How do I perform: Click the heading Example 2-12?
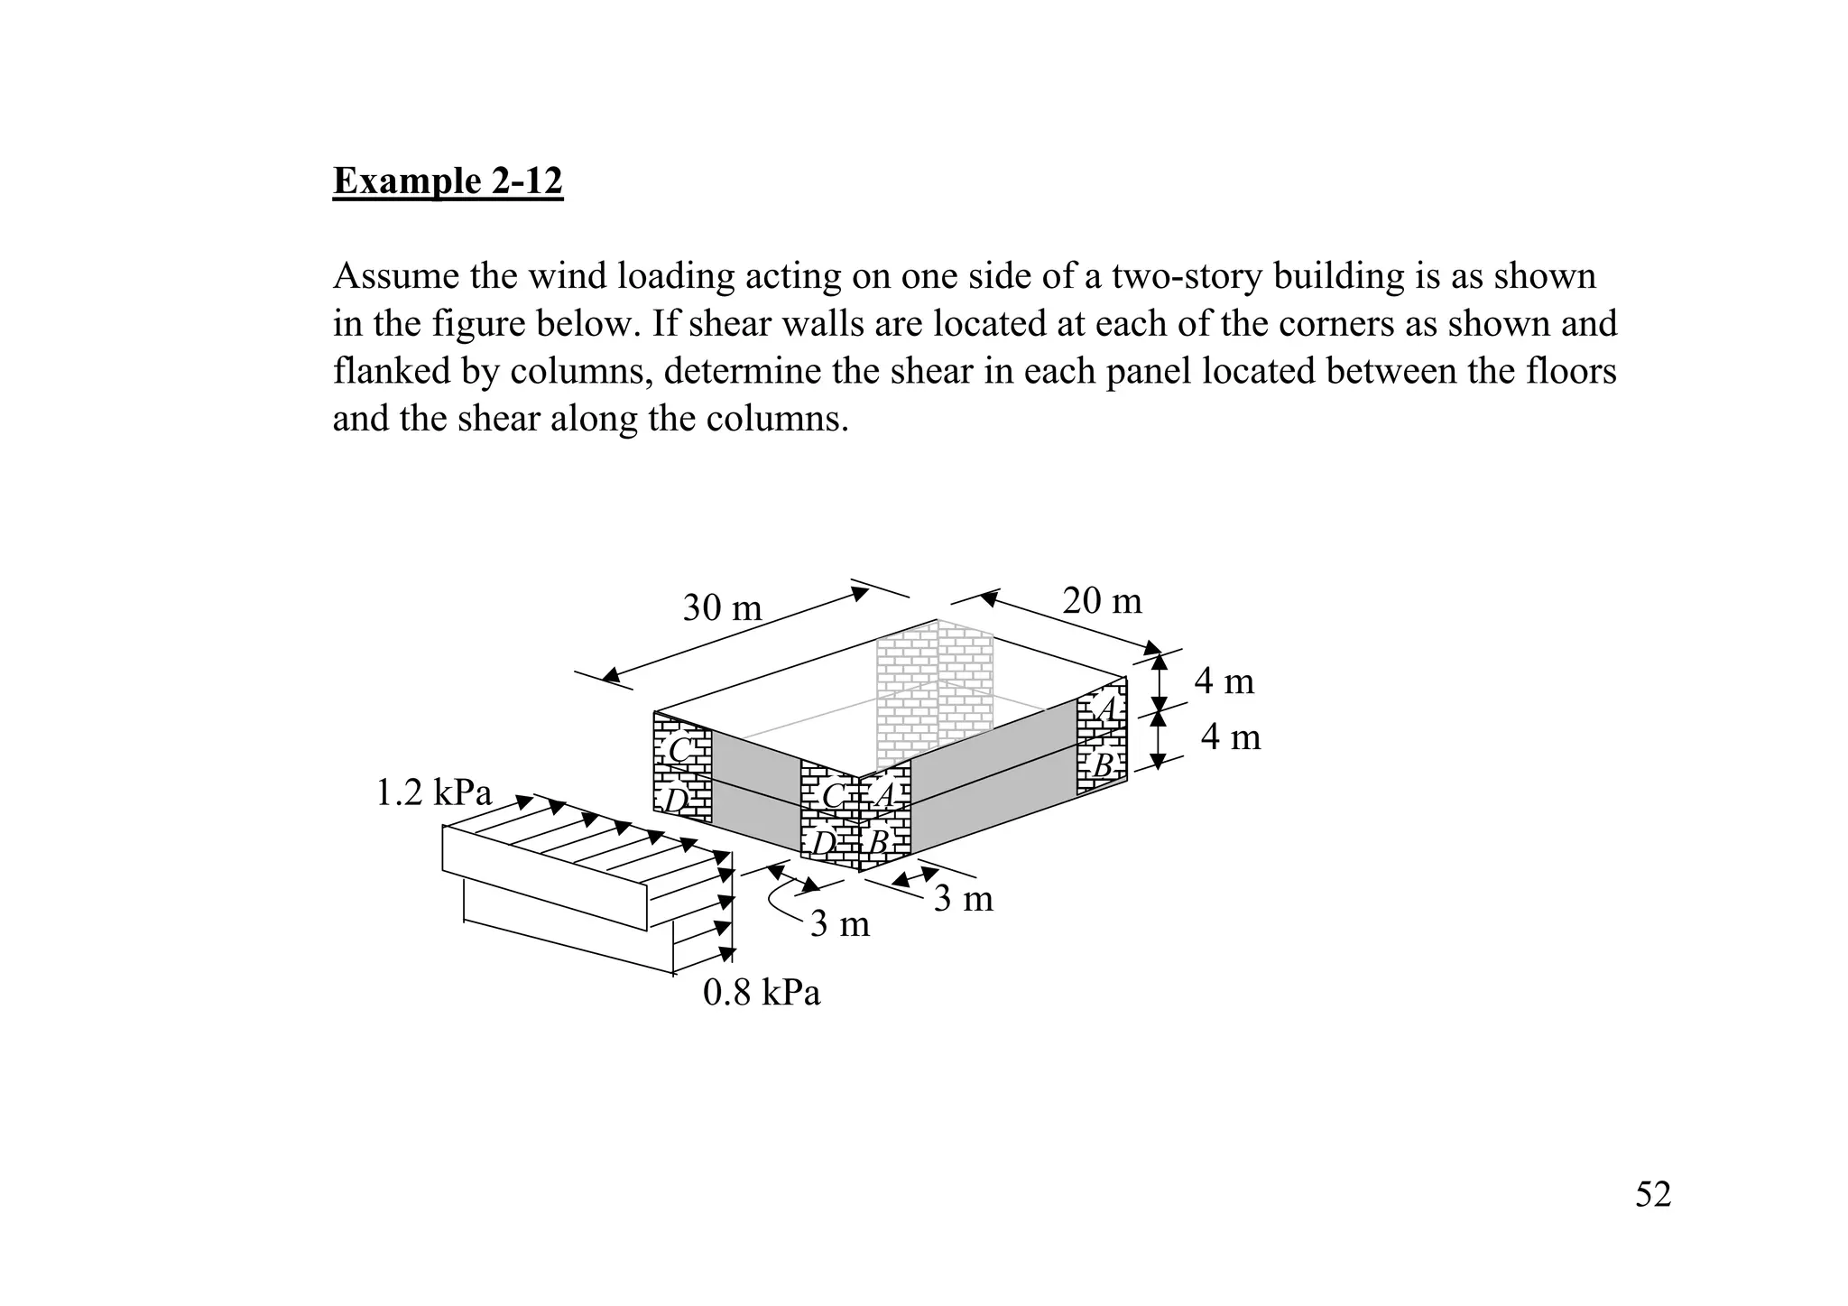tap(448, 181)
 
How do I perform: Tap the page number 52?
tap(1652, 1194)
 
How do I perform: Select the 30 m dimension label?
tap(722, 608)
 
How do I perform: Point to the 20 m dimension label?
tap(1102, 601)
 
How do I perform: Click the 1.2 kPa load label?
tap(433, 793)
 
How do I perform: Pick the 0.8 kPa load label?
tap(761, 993)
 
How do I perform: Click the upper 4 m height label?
tap(1224, 681)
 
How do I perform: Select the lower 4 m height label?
tap(1230, 737)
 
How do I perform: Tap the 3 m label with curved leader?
tap(839, 924)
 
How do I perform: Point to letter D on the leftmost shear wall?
tap(676, 801)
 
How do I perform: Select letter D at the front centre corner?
tap(824, 843)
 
